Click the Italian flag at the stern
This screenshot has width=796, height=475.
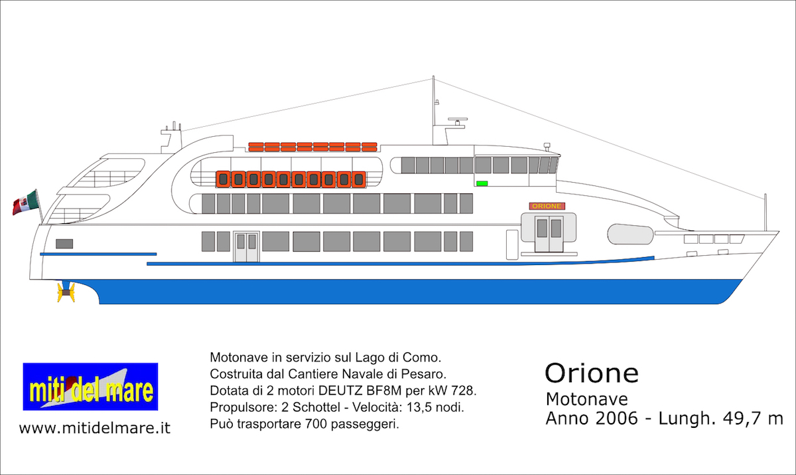point(25,203)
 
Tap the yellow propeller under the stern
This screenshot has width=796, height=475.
point(66,292)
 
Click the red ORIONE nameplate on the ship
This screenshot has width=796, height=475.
point(547,206)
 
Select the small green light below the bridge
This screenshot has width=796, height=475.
point(482,183)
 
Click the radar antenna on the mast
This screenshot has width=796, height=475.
point(458,120)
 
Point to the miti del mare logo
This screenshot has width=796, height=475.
point(91,387)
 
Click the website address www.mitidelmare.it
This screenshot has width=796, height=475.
point(95,428)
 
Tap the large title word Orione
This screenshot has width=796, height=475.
point(592,373)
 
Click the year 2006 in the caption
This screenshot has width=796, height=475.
point(617,419)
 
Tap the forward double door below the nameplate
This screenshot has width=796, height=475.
point(549,234)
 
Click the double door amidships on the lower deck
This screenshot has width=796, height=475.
point(247,247)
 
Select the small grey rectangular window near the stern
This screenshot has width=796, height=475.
point(64,244)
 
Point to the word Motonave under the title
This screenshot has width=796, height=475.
point(586,399)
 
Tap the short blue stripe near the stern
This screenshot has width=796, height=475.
point(98,254)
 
